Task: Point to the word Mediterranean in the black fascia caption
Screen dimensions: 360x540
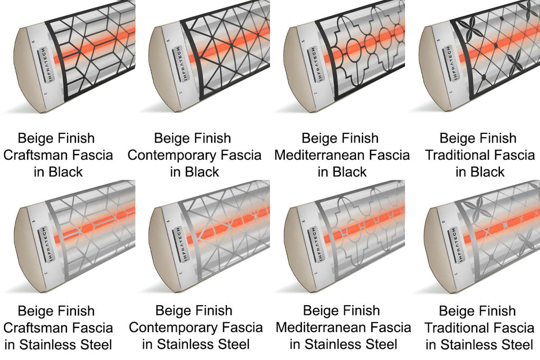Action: pyautogui.click(x=319, y=155)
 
